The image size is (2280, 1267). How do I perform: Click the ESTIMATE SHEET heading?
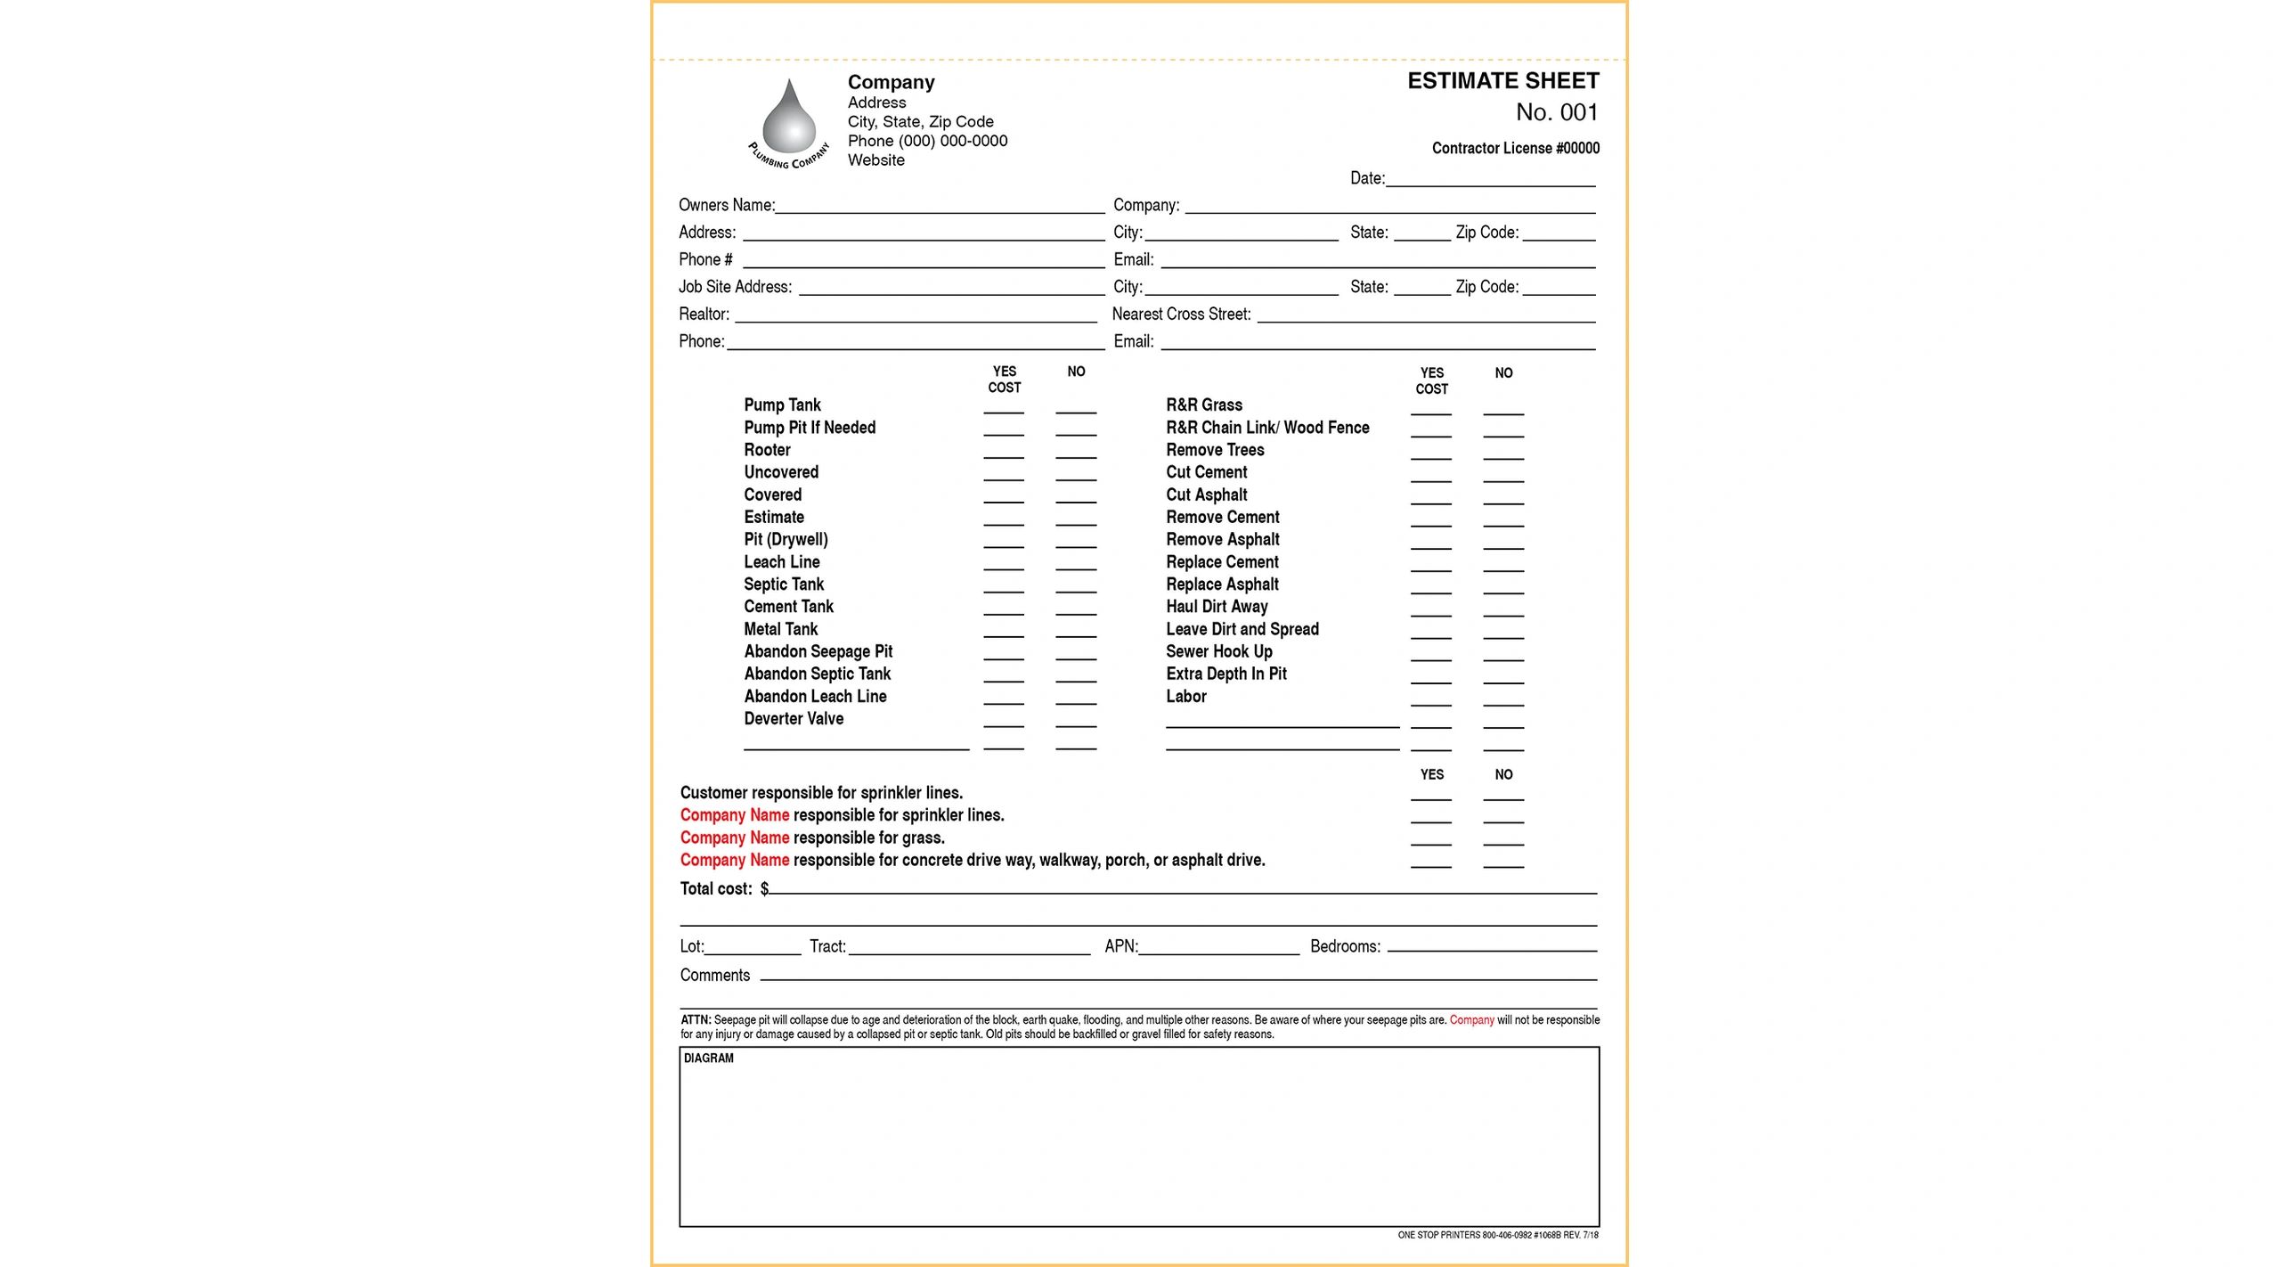(x=1502, y=81)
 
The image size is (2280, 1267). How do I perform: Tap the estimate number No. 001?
(x=1556, y=112)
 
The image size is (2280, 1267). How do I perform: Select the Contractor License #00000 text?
(x=1515, y=148)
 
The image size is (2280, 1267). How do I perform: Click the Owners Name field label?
(x=726, y=205)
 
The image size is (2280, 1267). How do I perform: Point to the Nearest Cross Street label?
(x=1181, y=315)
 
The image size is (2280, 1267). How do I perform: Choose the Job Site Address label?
(x=734, y=287)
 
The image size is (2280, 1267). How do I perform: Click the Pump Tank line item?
(x=782, y=405)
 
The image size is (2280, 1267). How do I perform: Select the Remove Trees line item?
(x=1214, y=450)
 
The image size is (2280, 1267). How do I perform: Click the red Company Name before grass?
(x=734, y=838)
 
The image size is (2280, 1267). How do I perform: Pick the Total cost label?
(x=715, y=889)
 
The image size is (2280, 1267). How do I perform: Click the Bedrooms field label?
(x=1345, y=947)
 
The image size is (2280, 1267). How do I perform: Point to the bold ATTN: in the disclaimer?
(x=696, y=1020)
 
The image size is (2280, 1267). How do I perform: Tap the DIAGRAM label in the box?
(x=708, y=1059)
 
